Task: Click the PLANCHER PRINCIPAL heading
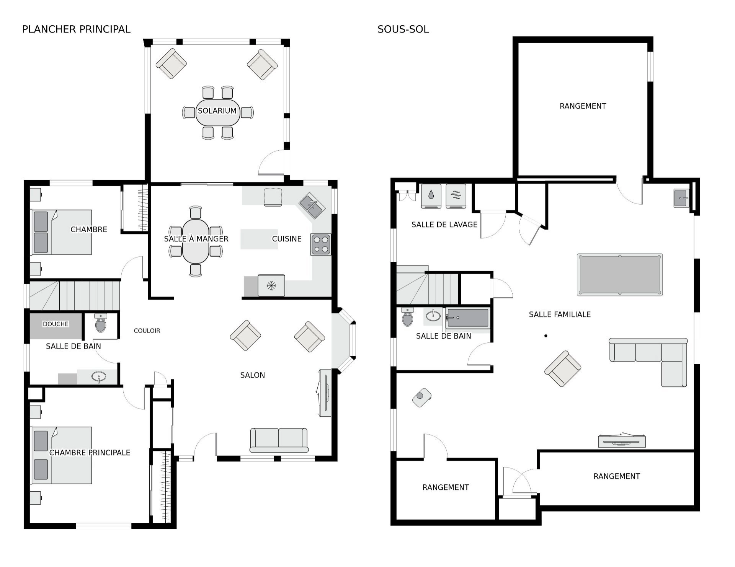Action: [x=76, y=29]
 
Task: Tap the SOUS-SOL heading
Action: [x=403, y=29]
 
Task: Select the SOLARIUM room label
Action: [x=217, y=111]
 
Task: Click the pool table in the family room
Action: [x=620, y=274]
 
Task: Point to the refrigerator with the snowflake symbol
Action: [x=271, y=285]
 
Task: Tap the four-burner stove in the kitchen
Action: [x=321, y=244]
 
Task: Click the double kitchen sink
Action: [x=312, y=205]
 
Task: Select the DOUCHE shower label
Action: [x=56, y=324]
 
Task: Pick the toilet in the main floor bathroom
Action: [x=101, y=323]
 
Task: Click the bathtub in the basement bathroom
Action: [x=468, y=318]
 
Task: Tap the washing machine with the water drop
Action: [x=431, y=196]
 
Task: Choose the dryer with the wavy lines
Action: [x=456, y=196]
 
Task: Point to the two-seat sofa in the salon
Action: [x=279, y=440]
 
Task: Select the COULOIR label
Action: [x=147, y=331]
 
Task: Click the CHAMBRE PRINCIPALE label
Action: [x=90, y=453]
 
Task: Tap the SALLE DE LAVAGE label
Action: [x=444, y=225]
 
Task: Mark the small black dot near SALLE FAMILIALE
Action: [x=546, y=336]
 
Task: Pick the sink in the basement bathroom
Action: [x=433, y=316]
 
